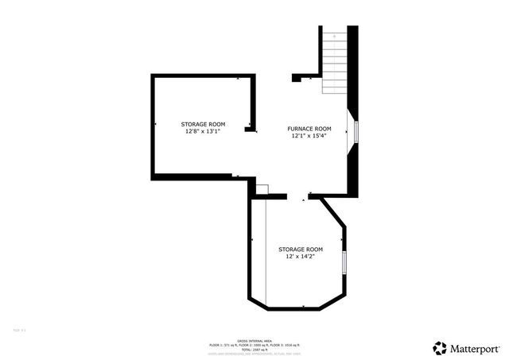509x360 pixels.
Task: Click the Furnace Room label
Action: point(309,129)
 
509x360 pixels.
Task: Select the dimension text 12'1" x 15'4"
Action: point(309,136)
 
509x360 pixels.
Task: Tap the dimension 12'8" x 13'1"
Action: point(203,132)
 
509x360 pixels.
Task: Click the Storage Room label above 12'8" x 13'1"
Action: point(203,125)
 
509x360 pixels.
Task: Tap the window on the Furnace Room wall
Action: point(356,132)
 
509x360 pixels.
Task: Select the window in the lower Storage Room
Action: point(344,262)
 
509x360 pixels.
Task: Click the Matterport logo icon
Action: point(440,347)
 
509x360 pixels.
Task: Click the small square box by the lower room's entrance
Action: point(262,188)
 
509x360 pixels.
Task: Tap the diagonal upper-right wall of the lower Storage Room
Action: point(334,214)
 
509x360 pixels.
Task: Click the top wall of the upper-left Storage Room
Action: point(203,75)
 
